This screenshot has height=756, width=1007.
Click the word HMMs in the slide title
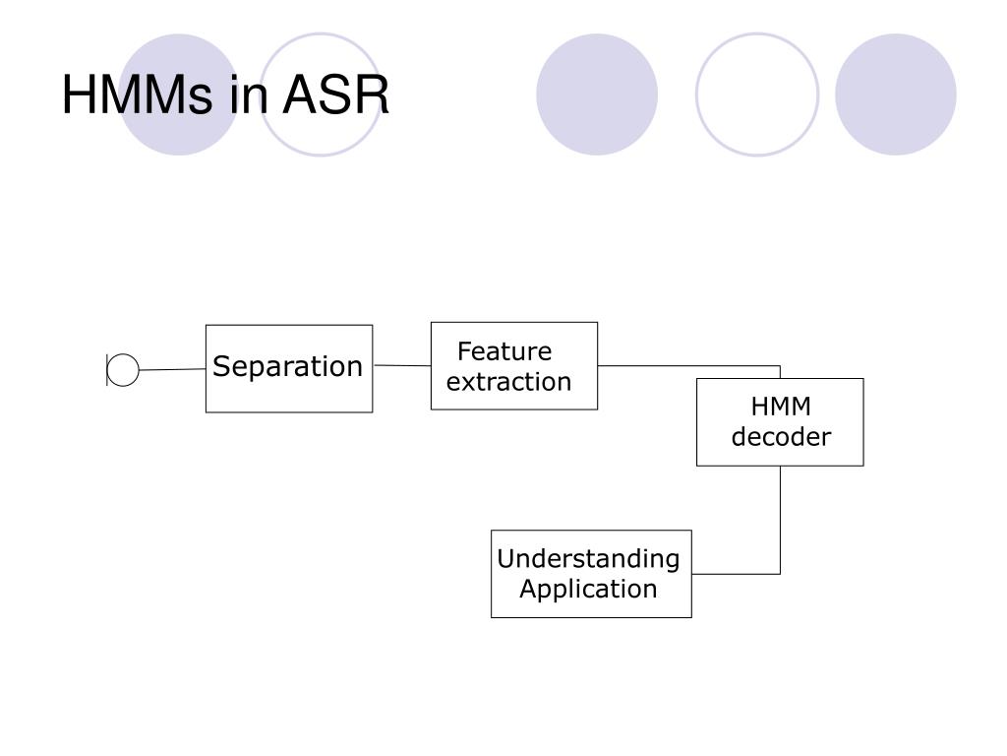click(137, 94)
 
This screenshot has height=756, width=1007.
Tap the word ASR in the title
click(336, 94)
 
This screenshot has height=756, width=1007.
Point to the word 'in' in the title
click(247, 94)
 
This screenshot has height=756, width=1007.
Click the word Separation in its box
click(288, 367)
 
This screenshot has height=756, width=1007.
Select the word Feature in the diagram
click(504, 351)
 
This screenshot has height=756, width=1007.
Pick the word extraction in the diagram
click(508, 382)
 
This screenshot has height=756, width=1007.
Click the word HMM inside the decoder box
click(781, 407)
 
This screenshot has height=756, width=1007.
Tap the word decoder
click(781, 436)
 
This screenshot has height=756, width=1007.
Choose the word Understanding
click(588, 559)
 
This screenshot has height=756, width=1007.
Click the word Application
click(588, 589)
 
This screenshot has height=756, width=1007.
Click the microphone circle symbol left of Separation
click(123, 370)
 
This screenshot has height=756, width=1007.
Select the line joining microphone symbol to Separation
click(172, 369)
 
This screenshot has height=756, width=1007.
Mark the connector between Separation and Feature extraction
click(402, 365)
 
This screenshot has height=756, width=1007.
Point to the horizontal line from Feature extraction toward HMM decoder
click(688, 366)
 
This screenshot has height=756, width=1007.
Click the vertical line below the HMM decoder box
click(780, 520)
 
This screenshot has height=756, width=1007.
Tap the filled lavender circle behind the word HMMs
click(179, 94)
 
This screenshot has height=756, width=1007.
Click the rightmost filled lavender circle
click(895, 94)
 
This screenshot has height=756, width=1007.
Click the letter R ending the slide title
click(372, 94)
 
